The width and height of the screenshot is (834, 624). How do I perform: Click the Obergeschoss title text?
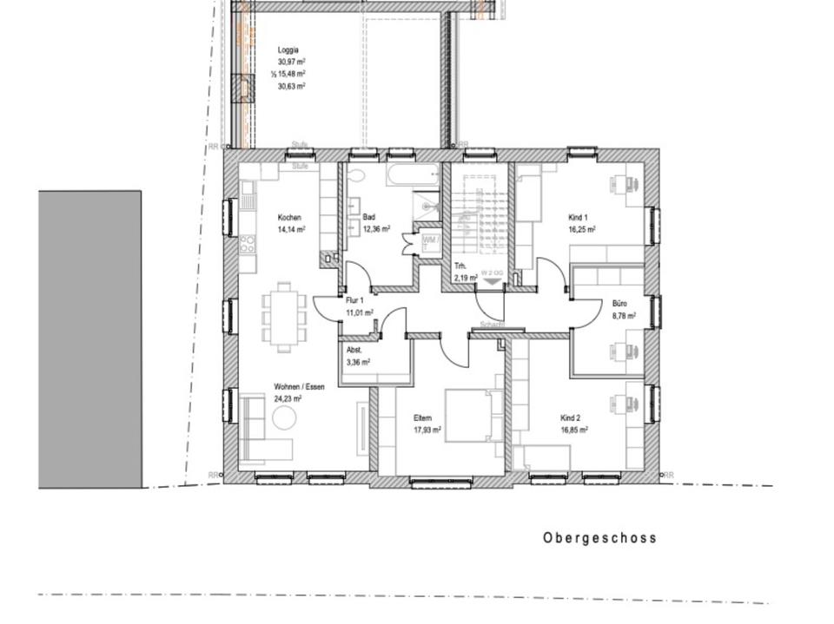(599, 538)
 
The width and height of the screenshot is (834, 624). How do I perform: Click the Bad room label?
(368, 217)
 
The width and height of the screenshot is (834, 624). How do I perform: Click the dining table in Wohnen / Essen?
(284, 315)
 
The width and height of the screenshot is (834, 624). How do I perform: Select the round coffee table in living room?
(285, 418)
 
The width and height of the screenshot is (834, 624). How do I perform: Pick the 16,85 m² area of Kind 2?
(574, 429)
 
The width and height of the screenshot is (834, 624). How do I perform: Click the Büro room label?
(619, 305)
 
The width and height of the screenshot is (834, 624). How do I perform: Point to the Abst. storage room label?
(354, 350)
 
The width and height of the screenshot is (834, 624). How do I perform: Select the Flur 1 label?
(355, 300)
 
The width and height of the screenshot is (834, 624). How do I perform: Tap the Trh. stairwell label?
(460, 266)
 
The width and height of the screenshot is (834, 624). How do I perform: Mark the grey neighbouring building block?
(89, 338)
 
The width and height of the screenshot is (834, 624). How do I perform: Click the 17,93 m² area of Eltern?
(427, 429)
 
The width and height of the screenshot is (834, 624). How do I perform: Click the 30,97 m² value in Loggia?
(291, 62)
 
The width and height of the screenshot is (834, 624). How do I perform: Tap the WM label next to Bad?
(429, 240)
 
